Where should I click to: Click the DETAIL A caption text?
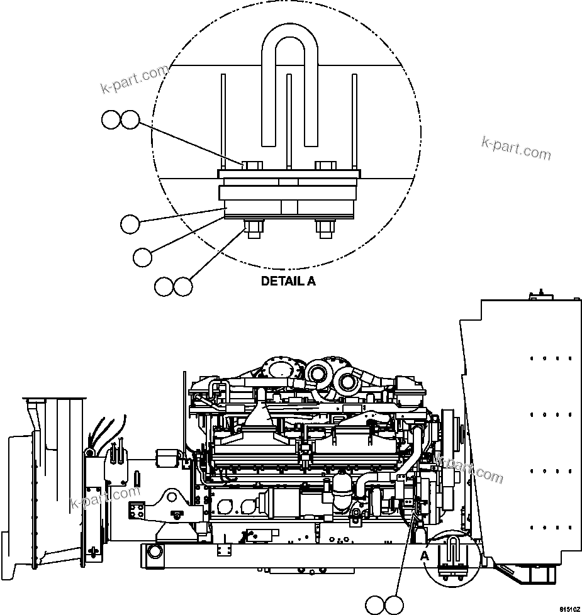(288, 281)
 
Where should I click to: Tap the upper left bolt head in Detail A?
(252, 165)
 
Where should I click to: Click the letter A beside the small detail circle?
(424, 555)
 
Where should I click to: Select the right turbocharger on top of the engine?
(347, 379)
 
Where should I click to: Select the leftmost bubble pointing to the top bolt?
(111, 120)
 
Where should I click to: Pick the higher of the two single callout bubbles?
(130, 223)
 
